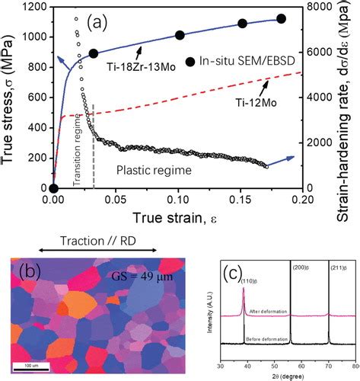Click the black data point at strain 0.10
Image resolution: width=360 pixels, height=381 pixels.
click(x=180, y=35)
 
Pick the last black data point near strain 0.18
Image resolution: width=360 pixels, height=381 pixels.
click(x=281, y=19)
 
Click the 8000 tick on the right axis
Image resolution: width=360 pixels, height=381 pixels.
click(x=324, y=7)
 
